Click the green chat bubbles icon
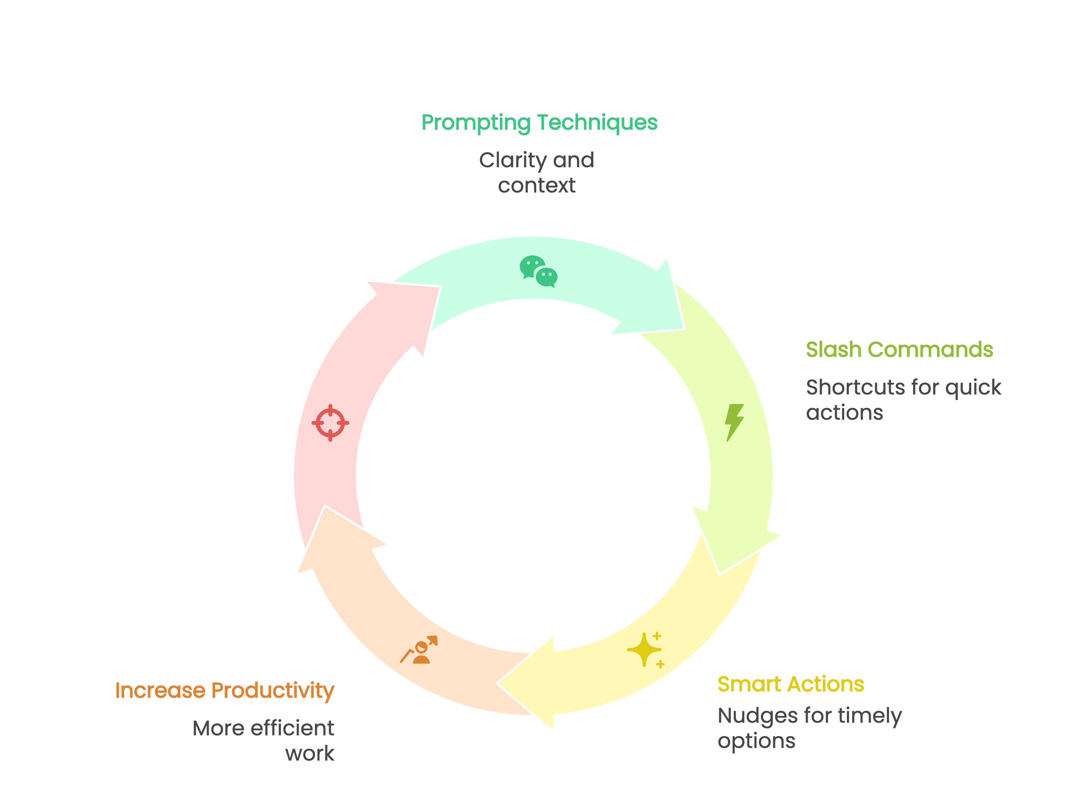[x=538, y=271]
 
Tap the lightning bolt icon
[x=734, y=422]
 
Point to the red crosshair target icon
[x=330, y=423]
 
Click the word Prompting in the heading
[x=476, y=122]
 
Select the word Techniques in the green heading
[x=597, y=122]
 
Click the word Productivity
[x=273, y=690]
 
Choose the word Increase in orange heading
[x=160, y=690]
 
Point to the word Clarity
[x=513, y=161]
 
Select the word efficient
[x=292, y=728]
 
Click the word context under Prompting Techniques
[x=537, y=186]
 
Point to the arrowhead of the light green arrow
[x=734, y=544]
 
